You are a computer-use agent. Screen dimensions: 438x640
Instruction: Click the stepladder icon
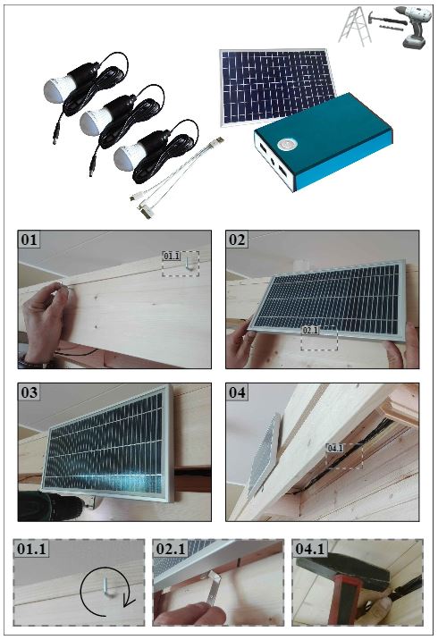pos(354,26)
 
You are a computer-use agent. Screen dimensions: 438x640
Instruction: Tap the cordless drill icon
pos(417,27)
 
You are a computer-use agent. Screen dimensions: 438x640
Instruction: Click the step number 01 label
pos(29,240)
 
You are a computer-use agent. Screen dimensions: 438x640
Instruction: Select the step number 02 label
pos(237,240)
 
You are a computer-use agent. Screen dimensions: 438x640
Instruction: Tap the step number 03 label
pos(29,392)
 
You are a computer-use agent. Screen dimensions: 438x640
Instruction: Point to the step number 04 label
pos(237,392)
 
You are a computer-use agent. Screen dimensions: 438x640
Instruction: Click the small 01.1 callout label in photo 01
pos(172,256)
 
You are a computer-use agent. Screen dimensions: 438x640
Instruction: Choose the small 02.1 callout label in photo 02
pos(310,330)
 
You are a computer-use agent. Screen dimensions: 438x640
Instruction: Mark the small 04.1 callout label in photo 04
pos(334,448)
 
